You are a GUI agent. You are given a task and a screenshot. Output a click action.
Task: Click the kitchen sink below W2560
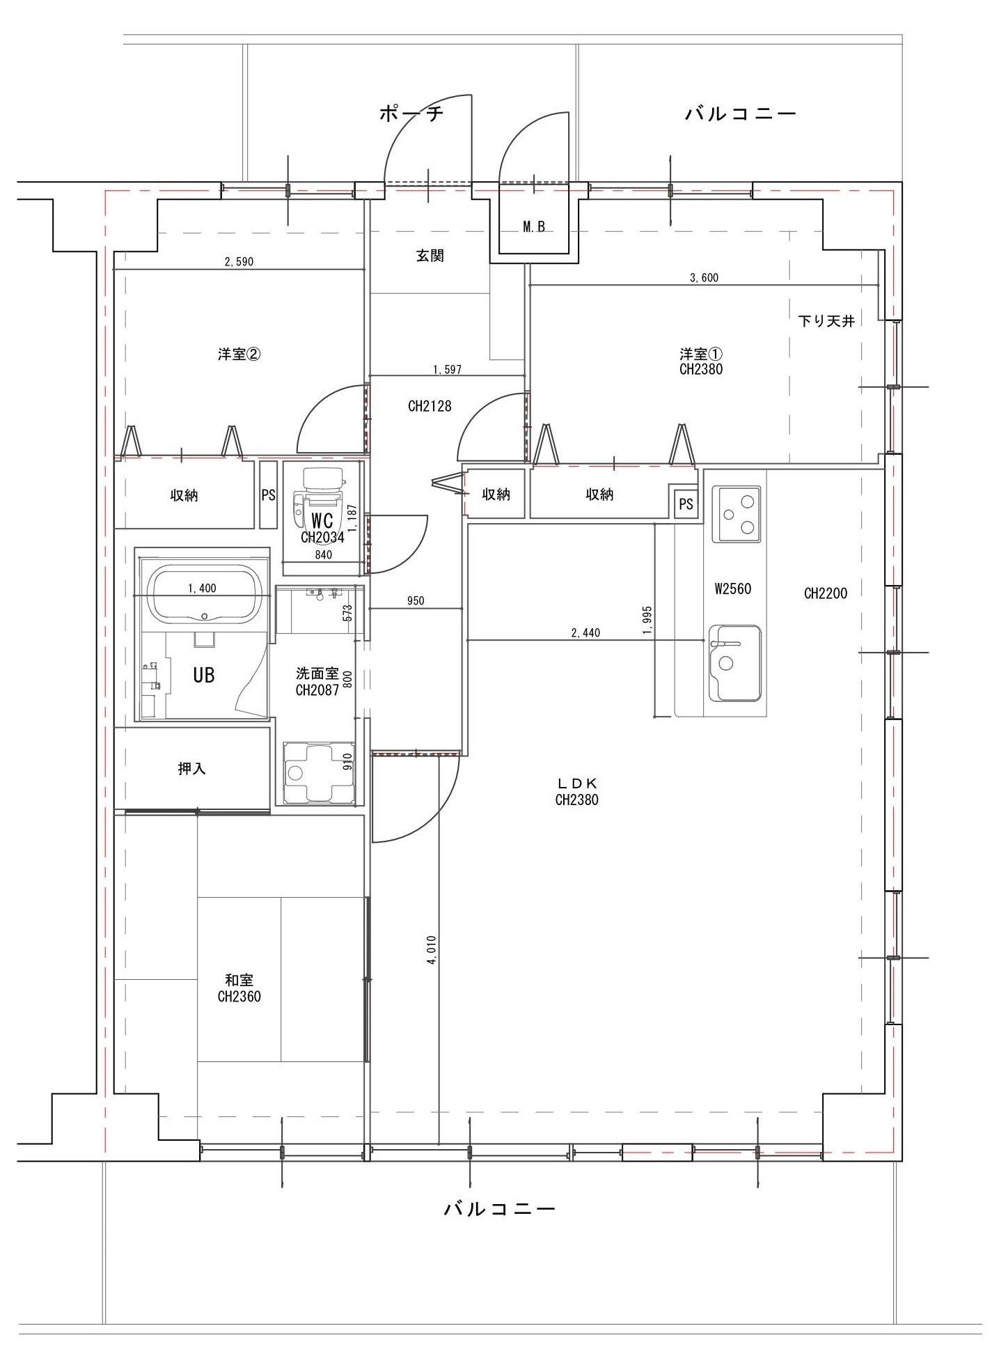[x=734, y=663]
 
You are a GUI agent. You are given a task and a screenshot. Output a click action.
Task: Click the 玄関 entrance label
[x=430, y=256]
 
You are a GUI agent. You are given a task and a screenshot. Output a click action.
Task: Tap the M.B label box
[x=534, y=226]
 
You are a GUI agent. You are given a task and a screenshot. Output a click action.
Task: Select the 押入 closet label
[x=191, y=769]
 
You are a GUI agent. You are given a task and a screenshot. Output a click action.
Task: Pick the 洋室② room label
[x=239, y=354]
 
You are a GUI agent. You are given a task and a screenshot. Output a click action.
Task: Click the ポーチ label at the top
[x=411, y=114]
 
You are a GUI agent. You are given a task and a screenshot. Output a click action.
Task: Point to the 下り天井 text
[x=826, y=321]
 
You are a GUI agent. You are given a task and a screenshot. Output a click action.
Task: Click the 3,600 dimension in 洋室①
[x=704, y=278]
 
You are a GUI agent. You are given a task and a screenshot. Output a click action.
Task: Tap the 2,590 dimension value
[x=239, y=262]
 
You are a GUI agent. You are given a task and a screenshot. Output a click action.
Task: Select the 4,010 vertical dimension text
[x=431, y=950]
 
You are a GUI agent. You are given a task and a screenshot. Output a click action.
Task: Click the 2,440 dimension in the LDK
[x=585, y=632]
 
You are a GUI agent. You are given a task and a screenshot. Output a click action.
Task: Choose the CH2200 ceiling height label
[x=826, y=593]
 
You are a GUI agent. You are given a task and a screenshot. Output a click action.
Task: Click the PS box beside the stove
[x=686, y=503]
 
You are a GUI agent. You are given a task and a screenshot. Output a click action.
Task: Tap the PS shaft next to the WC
[x=268, y=495]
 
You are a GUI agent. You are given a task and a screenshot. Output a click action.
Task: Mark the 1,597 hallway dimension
[x=447, y=370]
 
